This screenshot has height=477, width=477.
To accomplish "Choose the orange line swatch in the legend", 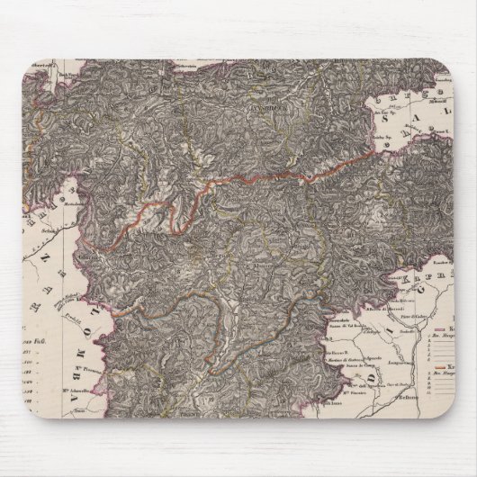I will click(443, 368).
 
